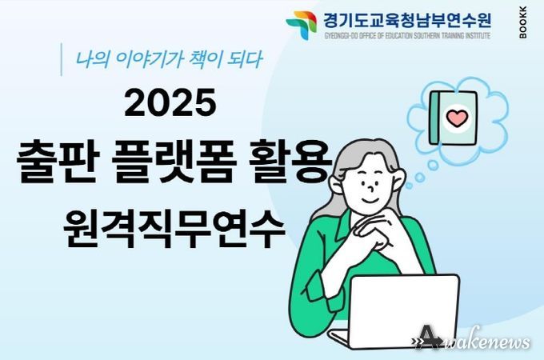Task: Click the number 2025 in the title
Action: pyautogui.click(x=170, y=102)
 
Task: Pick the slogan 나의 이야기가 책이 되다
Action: pyautogui.click(x=169, y=59)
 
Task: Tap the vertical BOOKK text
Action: pyautogui.click(x=523, y=22)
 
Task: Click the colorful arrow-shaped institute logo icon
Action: pyautogui.click(x=301, y=25)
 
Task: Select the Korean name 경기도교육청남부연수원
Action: pyautogui.click(x=407, y=20)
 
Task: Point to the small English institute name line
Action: pyautogui.click(x=407, y=35)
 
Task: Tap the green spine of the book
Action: pyautogui.click(x=434, y=118)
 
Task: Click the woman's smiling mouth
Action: pyautogui.click(x=370, y=201)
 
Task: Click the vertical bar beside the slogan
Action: pyautogui.click(x=62, y=59)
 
